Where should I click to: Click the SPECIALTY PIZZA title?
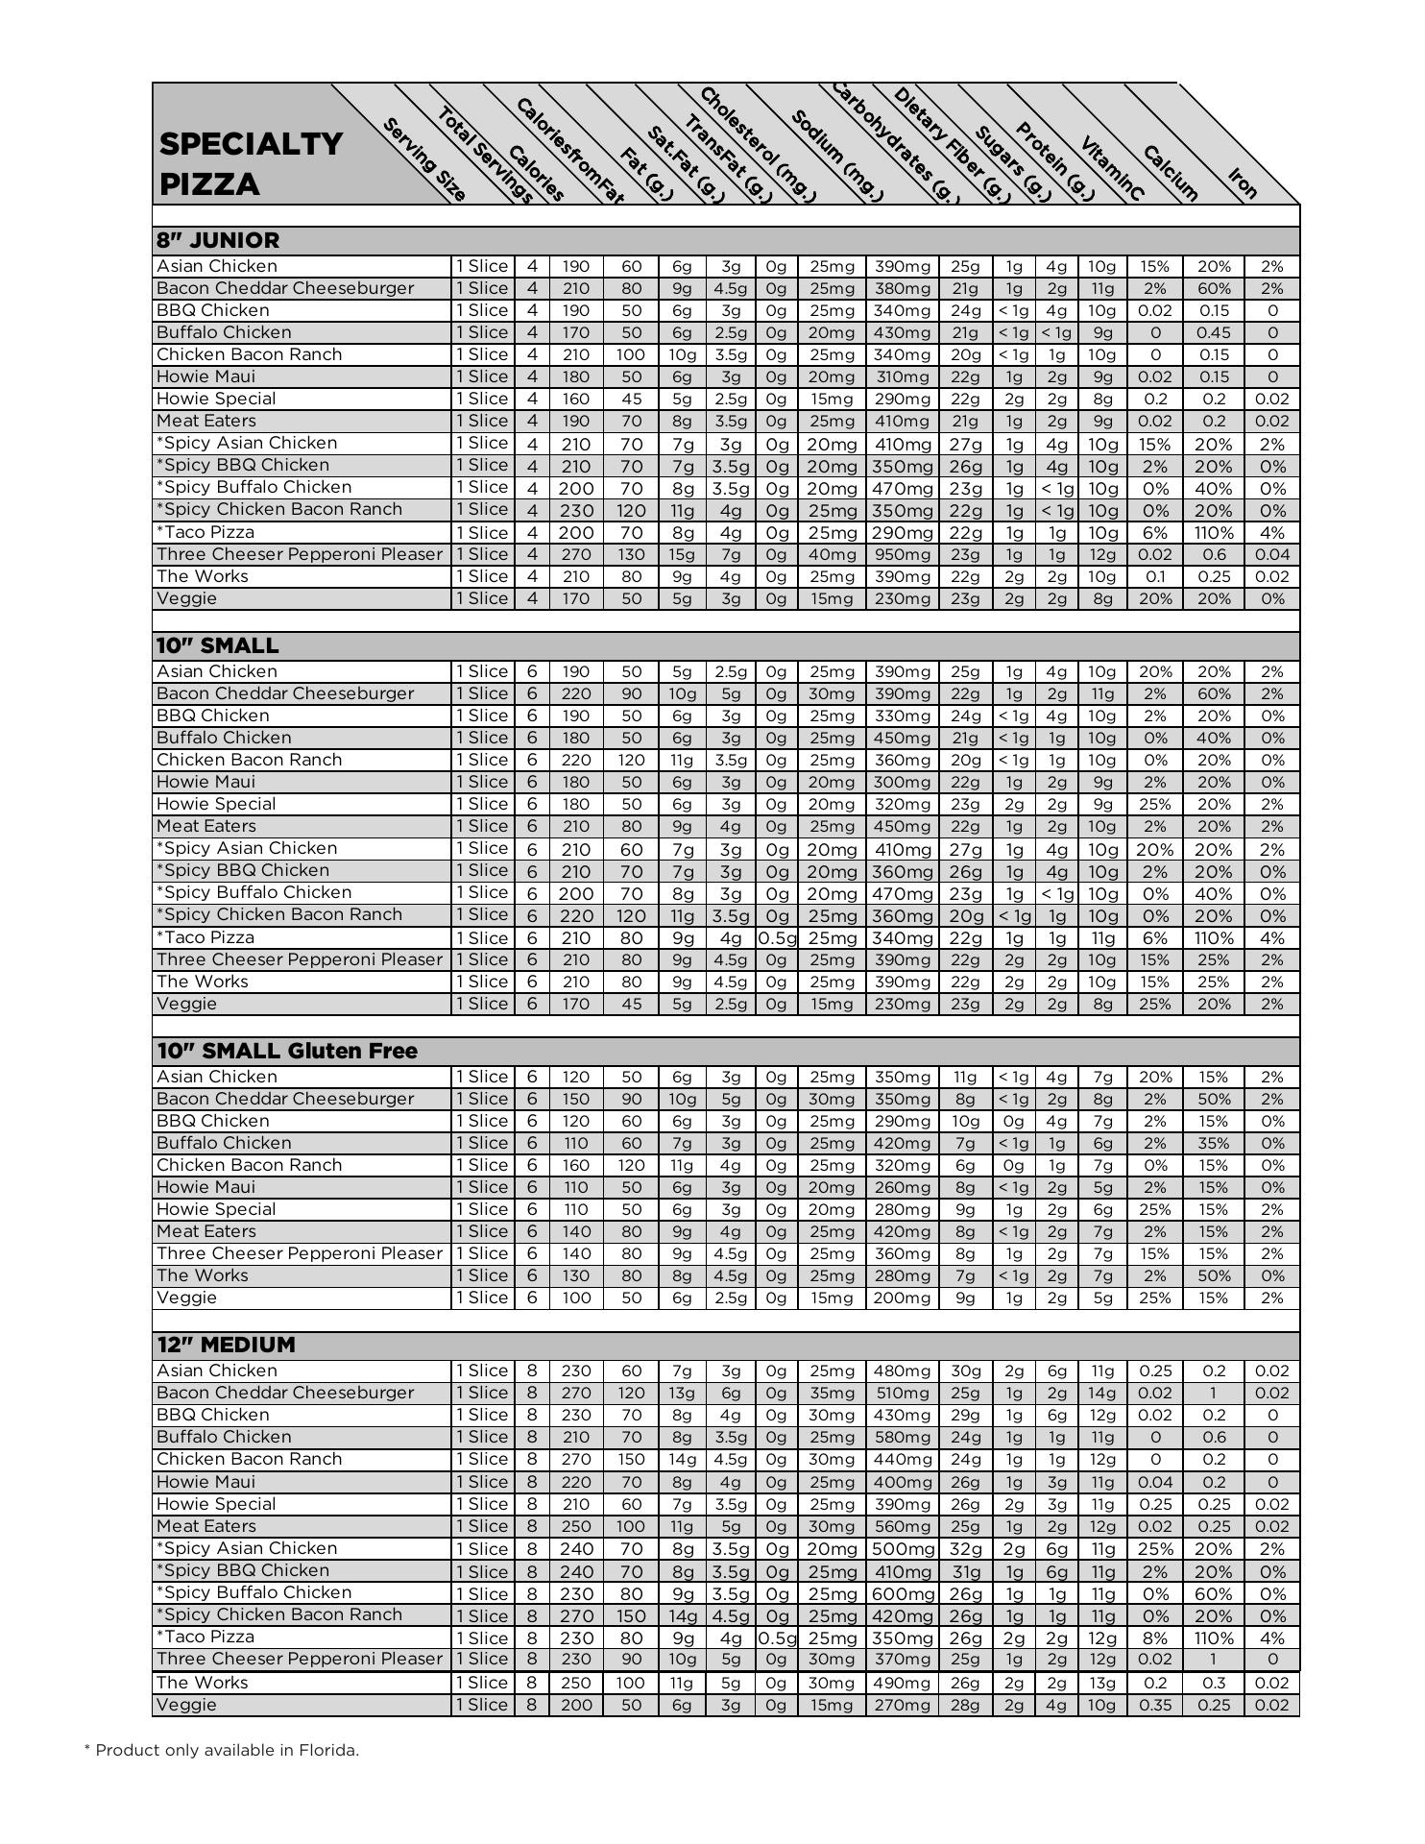pyautogui.click(x=251, y=163)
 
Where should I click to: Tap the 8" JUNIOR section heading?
pyautogui.click(x=218, y=240)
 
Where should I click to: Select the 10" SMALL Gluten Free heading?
pyautogui.click(x=287, y=1051)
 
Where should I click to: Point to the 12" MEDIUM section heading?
pyautogui.click(x=226, y=1345)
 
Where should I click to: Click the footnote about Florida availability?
pyautogui.click(x=222, y=1750)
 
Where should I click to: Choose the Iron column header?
pyautogui.click(x=1243, y=182)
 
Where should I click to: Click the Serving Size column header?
pyautogui.click(x=424, y=159)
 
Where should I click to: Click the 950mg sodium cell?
pyautogui.click(x=902, y=554)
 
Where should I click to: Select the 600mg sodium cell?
pyautogui.click(x=902, y=1593)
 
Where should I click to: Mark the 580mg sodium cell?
pyautogui.click(x=902, y=1437)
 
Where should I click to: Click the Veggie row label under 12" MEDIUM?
pyautogui.click(x=186, y=1705)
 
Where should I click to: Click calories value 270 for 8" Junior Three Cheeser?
pyautogui.click(x=576, y=554)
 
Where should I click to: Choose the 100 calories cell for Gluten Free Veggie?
pyautogui.click(x=576, y=1298)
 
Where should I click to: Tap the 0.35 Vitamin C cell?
pyautogui.click(x=1154, y=1705)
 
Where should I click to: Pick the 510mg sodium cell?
pyautogui.click(x=902, y=1393)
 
